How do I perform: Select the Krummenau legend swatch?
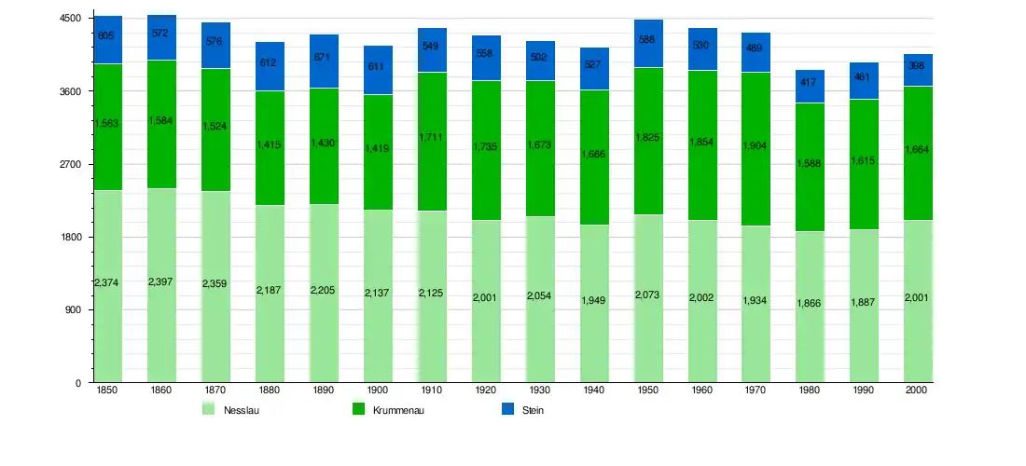[x=358, y=409]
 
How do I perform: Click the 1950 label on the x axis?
[x=648, y=390]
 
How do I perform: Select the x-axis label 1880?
[x=270, y=390]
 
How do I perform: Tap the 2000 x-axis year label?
[x=918, y=390]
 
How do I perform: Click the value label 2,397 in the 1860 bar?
[x=161, y=281]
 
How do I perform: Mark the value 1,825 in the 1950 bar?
[x=648, y=137]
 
